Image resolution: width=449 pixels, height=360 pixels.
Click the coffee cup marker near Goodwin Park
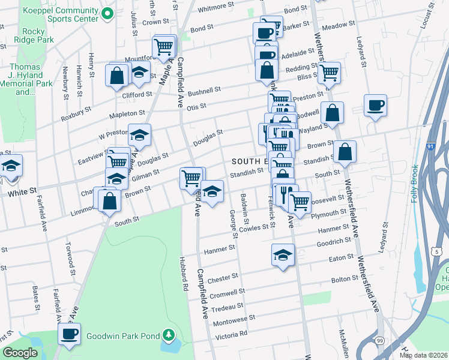(69, 333)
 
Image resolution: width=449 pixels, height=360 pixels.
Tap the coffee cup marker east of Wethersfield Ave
(375, 106)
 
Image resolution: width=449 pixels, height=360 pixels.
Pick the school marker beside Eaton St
(283, 254)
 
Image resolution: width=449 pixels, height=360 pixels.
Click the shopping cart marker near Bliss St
(329, 73)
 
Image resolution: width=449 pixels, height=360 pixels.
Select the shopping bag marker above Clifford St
(117, 76)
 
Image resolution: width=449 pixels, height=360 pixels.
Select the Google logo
(20, 353)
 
